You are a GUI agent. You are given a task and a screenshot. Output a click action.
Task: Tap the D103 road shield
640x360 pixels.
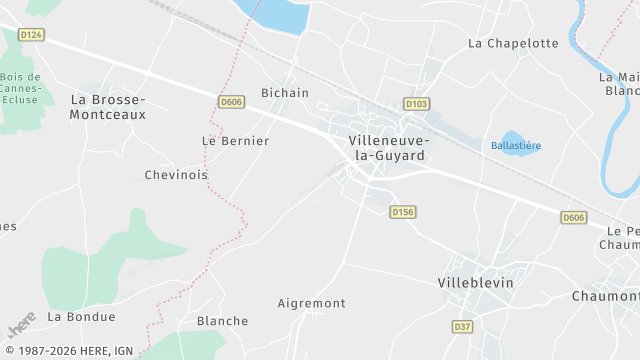(x=416, y=104)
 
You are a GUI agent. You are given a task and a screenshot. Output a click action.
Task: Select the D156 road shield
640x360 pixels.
(x=403, y=212)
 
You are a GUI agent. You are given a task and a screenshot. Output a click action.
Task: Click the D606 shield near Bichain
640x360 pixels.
(x=232, y=102)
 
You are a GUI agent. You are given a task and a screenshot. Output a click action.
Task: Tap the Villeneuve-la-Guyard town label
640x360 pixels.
(x=387, y=148)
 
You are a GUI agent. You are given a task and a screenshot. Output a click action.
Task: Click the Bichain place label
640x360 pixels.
(x=284, y=93)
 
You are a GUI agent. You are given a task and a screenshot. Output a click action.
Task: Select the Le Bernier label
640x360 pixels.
(x=235, y=141)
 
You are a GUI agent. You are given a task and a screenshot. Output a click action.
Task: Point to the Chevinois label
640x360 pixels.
(x=176, y=175)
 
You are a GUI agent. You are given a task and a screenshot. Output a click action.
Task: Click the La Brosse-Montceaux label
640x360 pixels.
(x=108, y=107)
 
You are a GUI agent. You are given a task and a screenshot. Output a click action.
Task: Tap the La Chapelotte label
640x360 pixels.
(x=513, y=43)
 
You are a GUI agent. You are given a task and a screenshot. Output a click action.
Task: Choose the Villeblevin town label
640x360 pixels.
(x=475, y=283)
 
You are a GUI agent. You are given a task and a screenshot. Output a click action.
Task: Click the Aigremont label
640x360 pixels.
(x=311, y=303)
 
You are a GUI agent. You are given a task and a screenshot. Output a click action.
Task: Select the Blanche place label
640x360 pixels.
(x=222, y=321)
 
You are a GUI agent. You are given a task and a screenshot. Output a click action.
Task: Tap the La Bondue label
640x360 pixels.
(x=82, y=317)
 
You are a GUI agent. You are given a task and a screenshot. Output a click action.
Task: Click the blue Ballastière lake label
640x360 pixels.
(x=516, y=146)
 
